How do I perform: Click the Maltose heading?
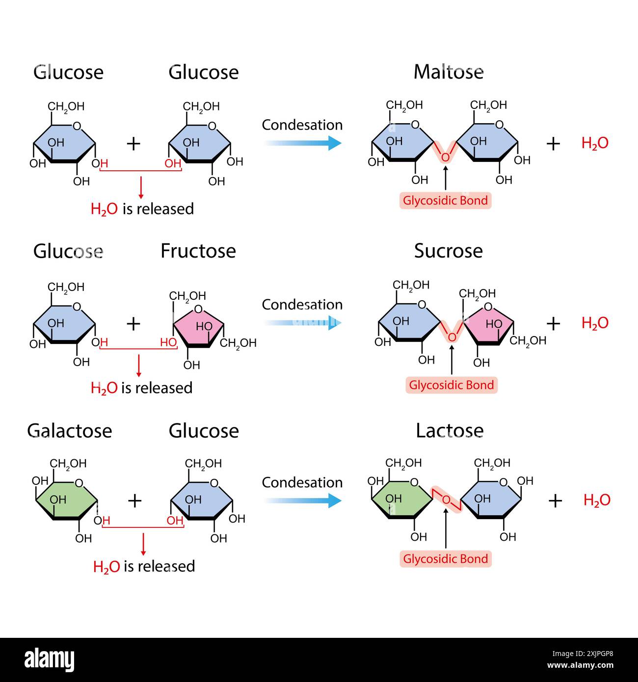click(448, 72)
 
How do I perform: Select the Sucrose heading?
click(448, 251)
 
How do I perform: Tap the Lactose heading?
click(450, 430)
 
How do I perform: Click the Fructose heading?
click(198, 251)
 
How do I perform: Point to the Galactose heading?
click(70, 430)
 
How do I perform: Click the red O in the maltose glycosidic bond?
click(445, 157)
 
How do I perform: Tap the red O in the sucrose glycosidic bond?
click(452, 337)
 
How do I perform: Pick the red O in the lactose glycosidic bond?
click(447, 499)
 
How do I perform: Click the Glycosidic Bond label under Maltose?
click(445, 200)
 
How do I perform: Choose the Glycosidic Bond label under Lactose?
click(445, 558)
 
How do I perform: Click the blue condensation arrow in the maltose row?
click(302, 143)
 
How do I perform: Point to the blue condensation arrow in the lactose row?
click(302, 500)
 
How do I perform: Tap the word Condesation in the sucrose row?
click(302, 305)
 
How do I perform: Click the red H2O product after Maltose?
click(595, 143)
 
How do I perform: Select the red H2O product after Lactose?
click(597, 500)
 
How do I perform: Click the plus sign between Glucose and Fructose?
click(133, 323)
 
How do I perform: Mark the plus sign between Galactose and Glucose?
click(134, 500)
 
